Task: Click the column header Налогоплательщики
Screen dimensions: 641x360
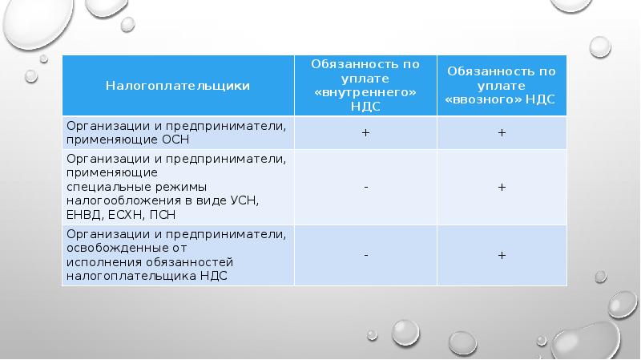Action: point(178,86)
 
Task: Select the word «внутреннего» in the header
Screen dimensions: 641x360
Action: point(365,92)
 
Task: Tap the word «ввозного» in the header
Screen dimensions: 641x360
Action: point(483,99)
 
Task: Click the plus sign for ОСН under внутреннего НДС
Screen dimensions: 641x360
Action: point(366,132)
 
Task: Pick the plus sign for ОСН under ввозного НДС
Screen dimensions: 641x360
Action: point(502,132)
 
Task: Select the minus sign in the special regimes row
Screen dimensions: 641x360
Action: point(366,188)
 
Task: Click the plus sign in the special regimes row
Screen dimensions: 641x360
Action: point(502,187)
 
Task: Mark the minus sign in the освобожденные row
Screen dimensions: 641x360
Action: point(366,255)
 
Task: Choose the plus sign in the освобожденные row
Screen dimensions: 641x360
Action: point(502,255)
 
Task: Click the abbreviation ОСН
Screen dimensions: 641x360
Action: point(175,140)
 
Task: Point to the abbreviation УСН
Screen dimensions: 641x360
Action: point(244,201)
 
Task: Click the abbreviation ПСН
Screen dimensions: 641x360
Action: point(163,215)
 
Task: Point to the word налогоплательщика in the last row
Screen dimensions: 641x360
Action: point(131,276)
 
